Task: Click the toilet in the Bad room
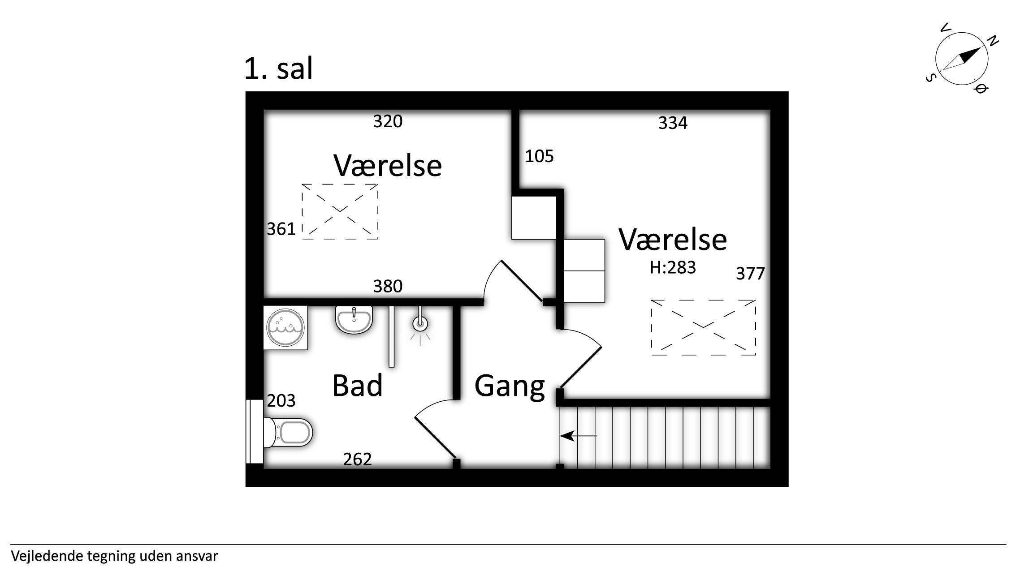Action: tap(288, 432)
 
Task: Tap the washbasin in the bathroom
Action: tap(354, 320)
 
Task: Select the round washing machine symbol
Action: tap(285, 327)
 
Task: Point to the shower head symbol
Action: tap(420, 325)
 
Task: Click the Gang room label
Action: tap(510, 386)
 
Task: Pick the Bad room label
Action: tap(357, 386)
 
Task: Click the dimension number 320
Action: tap(388, 121)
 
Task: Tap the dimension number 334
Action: tap(673, 123)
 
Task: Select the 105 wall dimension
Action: tap(539, 156)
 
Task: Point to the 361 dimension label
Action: tap(281, 229)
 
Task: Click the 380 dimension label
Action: tap(388, 286)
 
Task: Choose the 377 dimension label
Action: tap(750, 274)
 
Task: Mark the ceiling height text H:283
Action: tap(673, 267)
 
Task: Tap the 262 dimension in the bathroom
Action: tap(357, 459)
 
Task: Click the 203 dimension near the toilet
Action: tap(281, 400)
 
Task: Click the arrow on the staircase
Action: tap(579, 435)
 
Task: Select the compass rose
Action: tap(962, 59)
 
